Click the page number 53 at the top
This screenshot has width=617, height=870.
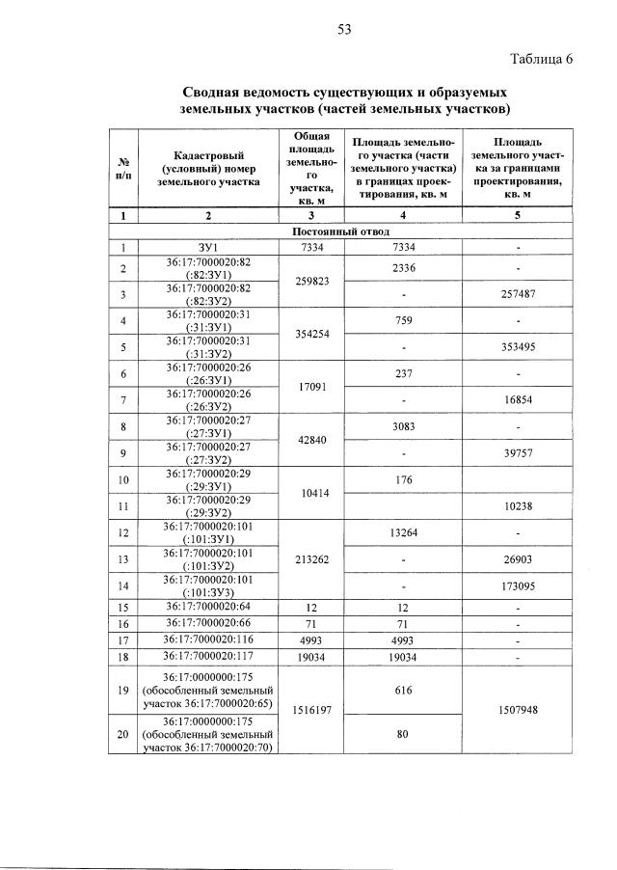pyautogui.click(x=343, y=29)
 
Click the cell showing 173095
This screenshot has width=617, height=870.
pyautogui.click(x=519, y=585)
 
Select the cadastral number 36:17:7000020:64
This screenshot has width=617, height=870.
pyautogui.click(x=208, y=607)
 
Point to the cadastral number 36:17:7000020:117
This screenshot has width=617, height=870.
pyautogui.click(x=208, y=657)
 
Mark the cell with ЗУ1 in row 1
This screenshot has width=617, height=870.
pyautogui.click(x=208, y=248)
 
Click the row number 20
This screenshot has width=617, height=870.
pyautogui.click(x=123, y=735)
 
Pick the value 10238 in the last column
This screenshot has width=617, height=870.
pyautogui.click(x=519, y=503)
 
